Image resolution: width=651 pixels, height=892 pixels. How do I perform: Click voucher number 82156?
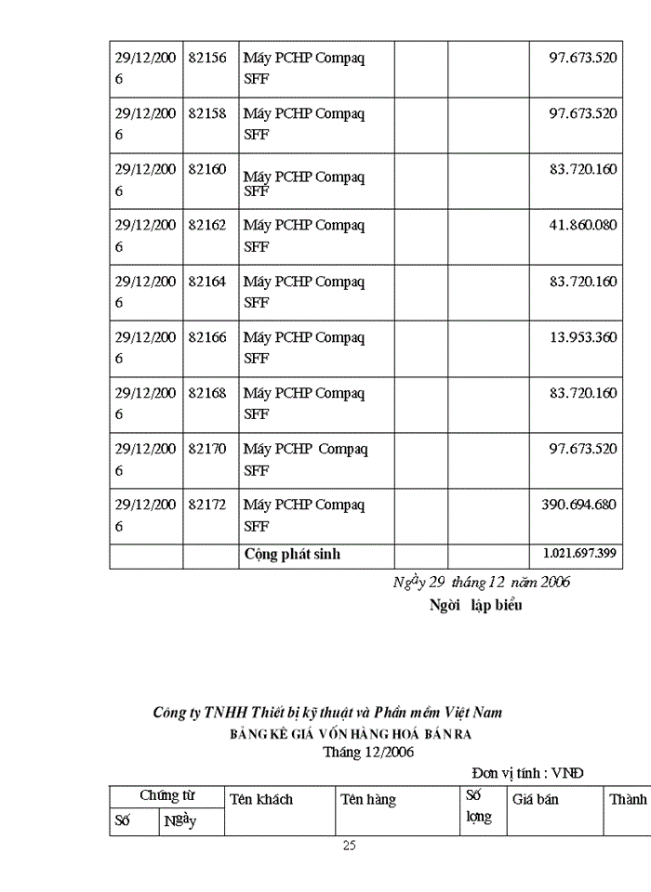207,58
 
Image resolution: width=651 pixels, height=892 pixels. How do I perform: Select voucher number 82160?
207,169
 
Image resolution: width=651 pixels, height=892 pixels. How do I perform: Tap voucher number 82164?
207,281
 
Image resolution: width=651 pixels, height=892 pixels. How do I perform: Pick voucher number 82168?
207,392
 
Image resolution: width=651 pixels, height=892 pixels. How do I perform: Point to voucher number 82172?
207,504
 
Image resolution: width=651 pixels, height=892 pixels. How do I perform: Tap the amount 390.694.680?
578,504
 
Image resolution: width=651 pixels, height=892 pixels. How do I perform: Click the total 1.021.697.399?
579,554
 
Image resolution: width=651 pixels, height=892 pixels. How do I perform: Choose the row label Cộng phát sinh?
292,554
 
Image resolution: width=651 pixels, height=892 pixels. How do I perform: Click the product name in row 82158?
304,124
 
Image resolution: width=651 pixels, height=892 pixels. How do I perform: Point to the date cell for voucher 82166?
145,348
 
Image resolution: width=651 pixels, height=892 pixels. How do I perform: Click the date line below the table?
482,583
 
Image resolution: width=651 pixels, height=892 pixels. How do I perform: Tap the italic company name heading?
327,713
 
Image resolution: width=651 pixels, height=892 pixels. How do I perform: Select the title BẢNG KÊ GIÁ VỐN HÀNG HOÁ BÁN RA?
352,734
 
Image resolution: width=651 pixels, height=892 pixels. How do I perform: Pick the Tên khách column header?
261,799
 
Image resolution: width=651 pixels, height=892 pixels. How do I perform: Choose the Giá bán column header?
535,799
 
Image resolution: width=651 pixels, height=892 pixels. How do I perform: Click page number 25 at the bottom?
349,846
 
